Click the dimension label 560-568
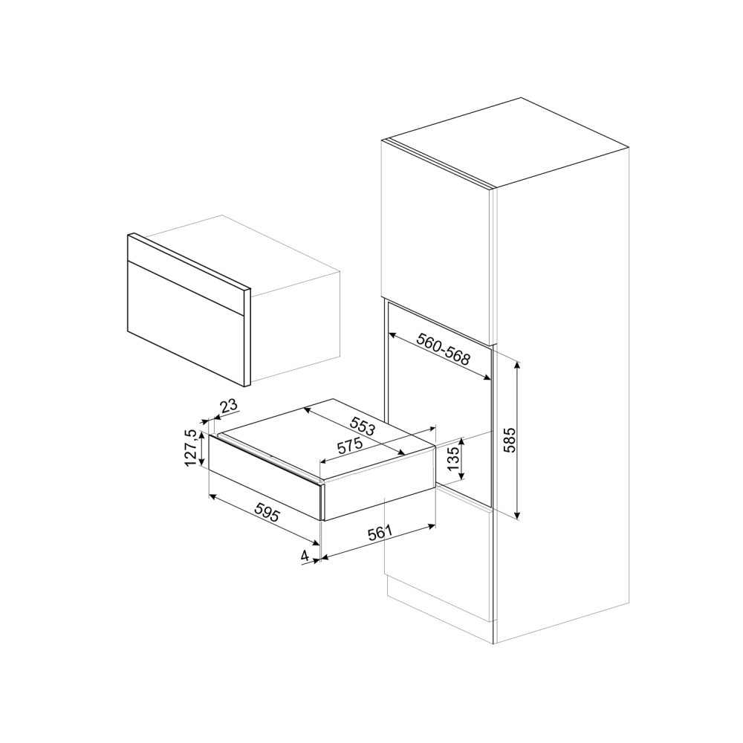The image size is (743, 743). pyautogui.click(x=444, y=349)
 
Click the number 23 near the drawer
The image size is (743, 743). pyautogui.click(x=229, y=406)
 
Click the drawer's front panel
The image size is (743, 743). pyautogui.click(x=264, y=479)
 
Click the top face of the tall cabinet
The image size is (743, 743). pyautogui.click(x=505, y=141)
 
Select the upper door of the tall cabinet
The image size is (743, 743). pyautogui.click(x=435, y=238)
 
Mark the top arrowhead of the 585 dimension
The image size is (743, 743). pyautogui.click(x=518, y=363)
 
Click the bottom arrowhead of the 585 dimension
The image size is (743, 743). pyautogui.click(x=518, y=516)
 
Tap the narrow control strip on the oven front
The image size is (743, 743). pyautogui.click(x=186, y=275)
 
